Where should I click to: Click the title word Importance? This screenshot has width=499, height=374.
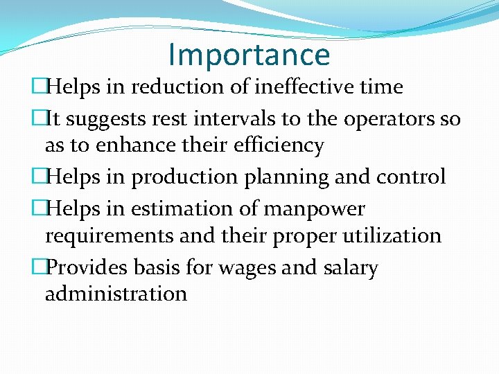249,55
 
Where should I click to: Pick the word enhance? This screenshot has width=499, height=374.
118,145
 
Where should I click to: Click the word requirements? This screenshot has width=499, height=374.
110,235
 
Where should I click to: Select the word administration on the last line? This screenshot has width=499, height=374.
116,294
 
